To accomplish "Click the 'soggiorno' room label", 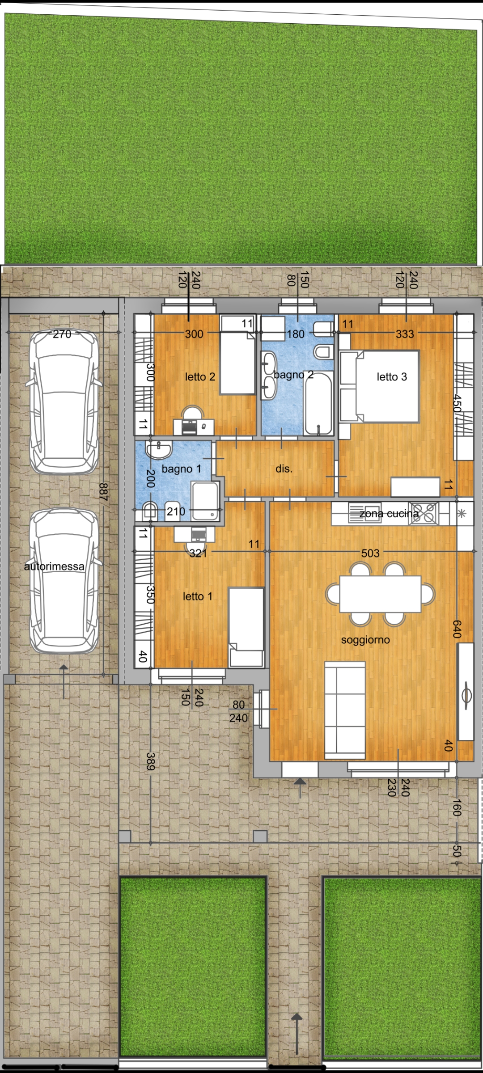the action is click(365, 640).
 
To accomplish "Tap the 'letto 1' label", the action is click(197, 596).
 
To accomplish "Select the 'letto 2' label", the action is click(200, 377).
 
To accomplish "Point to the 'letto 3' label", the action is click(392, 377).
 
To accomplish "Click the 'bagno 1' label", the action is click(181, 469).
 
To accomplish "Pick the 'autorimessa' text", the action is click(54, 566).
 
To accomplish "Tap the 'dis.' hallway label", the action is click(284, 469).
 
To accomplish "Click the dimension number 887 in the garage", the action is click(103, 492).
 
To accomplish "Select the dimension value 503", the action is click(370, 553).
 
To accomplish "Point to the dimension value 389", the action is click(151, 761).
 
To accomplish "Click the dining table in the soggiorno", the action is click(380, 594).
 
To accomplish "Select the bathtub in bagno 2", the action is click(318, 404).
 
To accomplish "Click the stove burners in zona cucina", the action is click(423, 513).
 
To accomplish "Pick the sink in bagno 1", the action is click(159, 450).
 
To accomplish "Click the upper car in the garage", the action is click(64, 401).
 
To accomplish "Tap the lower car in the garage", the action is click(64, 581).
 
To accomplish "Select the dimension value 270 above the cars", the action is click(62, 334).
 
